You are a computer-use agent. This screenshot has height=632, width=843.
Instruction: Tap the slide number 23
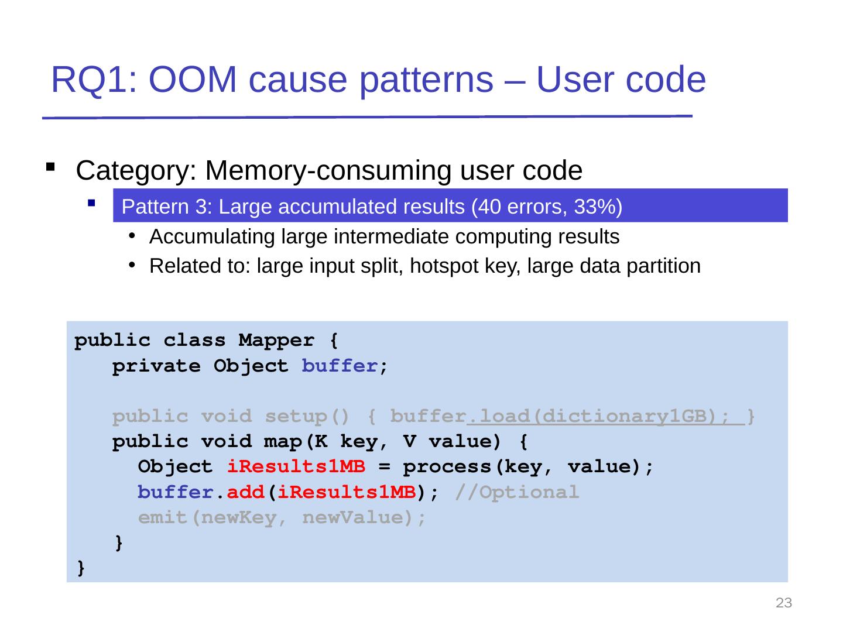click(x=783, y=603)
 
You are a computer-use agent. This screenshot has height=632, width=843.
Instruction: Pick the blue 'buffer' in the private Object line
click(x=339, y=366)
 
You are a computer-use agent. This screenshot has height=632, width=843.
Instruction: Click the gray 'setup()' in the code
click(x=307, y=417)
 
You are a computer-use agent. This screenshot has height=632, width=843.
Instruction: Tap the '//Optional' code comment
click(x=516, y=493)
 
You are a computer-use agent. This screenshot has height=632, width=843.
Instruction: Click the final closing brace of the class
click(x=81, y=568)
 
